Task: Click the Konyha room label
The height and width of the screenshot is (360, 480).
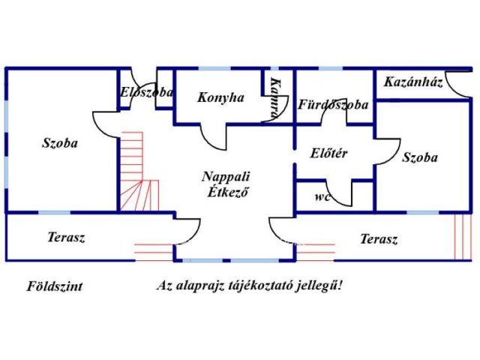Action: point(220,98)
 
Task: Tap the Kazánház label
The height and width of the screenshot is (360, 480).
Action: point(413,82)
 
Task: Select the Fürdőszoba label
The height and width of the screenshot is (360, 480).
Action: point(333,105)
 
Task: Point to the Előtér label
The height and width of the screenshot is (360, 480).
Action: point(328,153)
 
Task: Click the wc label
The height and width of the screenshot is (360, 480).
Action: point(322,196)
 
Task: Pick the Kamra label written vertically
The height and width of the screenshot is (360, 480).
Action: point(276,98)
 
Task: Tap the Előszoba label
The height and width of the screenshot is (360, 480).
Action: point(146,92)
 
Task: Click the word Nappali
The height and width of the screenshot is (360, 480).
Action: point(226,177)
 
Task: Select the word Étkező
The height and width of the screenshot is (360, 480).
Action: point(228,192)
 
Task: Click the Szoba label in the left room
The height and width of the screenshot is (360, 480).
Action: point(60,143)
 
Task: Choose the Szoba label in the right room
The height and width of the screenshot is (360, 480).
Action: point(420,157)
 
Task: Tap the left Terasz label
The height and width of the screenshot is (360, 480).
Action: point(66,237)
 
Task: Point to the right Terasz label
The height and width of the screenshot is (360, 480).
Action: point(379,239)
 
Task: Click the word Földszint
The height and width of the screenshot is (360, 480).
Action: point(55,286)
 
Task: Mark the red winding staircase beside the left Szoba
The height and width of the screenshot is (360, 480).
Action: point(139,172)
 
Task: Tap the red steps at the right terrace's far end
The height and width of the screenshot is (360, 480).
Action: point(463,237)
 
